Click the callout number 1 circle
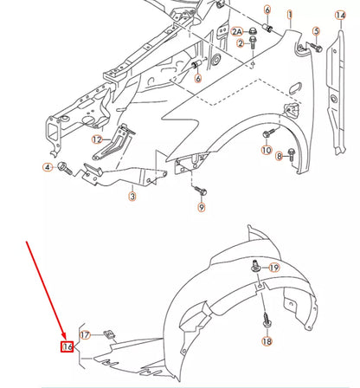point(290,15)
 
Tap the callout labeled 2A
point(237,31)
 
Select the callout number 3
point(132,197)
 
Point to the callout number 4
point(47,166)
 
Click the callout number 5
point(317,32)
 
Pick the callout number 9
point(202,208)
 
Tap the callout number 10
point(267,150)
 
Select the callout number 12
point(97,139)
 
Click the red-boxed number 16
point(67,348)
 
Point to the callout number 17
point(84,334)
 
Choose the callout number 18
point(266,342)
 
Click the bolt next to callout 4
point(63,166)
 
